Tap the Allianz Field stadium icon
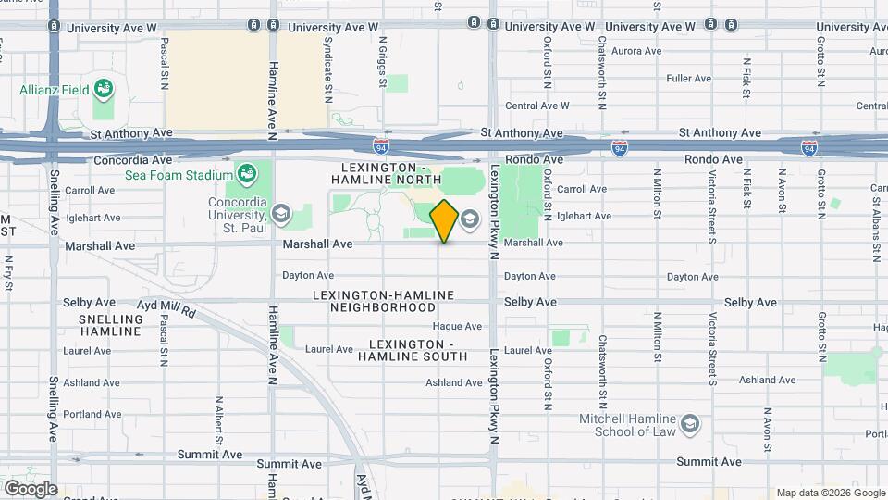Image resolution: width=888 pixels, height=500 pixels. click(106, 90)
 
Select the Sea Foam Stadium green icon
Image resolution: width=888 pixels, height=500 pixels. click(246, 174)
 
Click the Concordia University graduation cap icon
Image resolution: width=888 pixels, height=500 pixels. click(280, 216)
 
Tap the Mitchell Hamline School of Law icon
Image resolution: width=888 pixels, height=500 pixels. click(689, 424)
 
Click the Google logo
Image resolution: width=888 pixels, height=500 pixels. click(30, 489)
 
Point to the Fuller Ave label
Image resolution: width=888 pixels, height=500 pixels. click(688, 79)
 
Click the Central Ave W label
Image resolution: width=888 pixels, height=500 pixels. click(536, 106)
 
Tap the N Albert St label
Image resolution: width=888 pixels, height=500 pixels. click(218, 421)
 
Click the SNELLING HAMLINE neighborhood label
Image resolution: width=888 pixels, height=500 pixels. click(110, 326)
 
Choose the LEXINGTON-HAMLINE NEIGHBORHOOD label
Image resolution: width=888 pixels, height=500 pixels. click(385, 301)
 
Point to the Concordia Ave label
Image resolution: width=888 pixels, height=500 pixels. click(131, 160)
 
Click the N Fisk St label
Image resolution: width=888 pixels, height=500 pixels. click(746, 78)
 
